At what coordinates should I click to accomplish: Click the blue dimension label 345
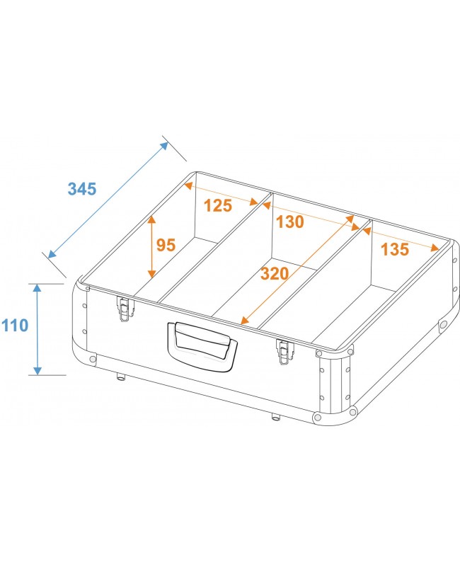click(82, 189)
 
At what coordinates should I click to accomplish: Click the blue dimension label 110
click(15, 326)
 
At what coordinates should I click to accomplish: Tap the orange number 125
click(218, 206)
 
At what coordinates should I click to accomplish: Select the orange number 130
click(290, 222)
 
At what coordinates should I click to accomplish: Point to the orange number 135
click(394, 249)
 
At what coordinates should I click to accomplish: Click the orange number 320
click(275, 273)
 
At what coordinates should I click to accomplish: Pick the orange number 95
click(166, 245)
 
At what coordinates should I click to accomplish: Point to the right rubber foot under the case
click(275, 416)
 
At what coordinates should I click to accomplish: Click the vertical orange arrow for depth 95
click(151, 246)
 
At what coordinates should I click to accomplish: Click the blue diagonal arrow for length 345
click(108, 199)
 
